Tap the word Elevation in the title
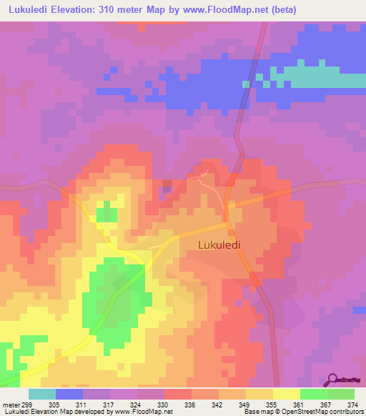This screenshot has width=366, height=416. click(x=80, y=10)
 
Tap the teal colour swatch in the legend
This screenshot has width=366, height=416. click(x=42, y=394)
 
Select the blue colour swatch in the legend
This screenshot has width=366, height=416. click(x=69, y=394)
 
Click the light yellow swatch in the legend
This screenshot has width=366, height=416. click(x=286, y=394)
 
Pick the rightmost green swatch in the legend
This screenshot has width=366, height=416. click(x=340, y=394)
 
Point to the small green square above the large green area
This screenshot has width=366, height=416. click(x=107, y=212)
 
